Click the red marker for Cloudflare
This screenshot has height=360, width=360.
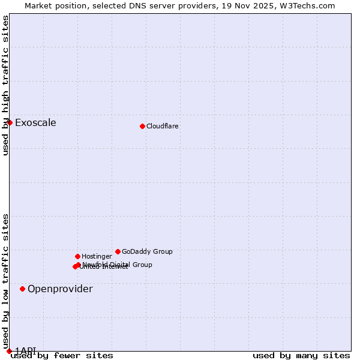click(x=142, y=126)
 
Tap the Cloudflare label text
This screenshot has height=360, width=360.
click(x=163, y=126)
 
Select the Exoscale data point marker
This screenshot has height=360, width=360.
click(x=10, y=122)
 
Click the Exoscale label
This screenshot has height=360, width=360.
click(x=35, y=123)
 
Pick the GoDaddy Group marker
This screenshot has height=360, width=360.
click(x=118, y=251)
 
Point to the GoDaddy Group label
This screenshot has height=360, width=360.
click(x=147, y=251)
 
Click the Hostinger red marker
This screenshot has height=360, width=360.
click(x=77, y=256)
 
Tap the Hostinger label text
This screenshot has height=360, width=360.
click(x=97, y=256)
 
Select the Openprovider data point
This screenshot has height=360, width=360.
click(x=22, y=289)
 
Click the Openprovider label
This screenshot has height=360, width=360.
click(x=60, y=289)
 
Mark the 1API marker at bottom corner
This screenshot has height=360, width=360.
click(x=9, y=351)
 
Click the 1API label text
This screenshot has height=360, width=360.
click(x=26, y=350)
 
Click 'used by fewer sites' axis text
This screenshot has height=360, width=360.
click(x=62, y=356)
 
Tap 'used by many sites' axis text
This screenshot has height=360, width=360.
click(x=301, y=356)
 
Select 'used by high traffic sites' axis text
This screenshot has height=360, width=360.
click(x=5, y=85)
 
